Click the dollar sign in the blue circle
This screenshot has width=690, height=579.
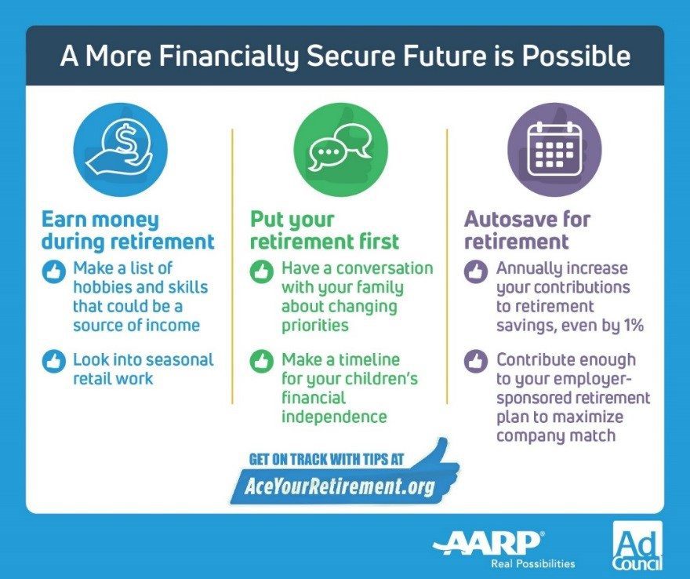127,139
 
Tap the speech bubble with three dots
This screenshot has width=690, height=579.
325,153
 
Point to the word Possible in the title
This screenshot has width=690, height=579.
576,56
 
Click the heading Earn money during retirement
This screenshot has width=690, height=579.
128,231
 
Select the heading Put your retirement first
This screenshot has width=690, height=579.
325,231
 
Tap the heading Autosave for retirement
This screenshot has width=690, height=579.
527,231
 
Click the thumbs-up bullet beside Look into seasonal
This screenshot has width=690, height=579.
54,361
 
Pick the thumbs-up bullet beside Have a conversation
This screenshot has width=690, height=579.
261,271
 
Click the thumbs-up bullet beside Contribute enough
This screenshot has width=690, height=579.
476,361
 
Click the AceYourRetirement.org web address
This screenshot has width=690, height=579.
340,486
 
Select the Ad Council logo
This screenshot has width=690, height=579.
637,545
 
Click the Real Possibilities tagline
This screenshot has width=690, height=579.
533,563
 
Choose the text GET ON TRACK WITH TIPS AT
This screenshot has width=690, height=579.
326,459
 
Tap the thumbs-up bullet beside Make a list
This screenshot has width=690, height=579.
54,271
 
